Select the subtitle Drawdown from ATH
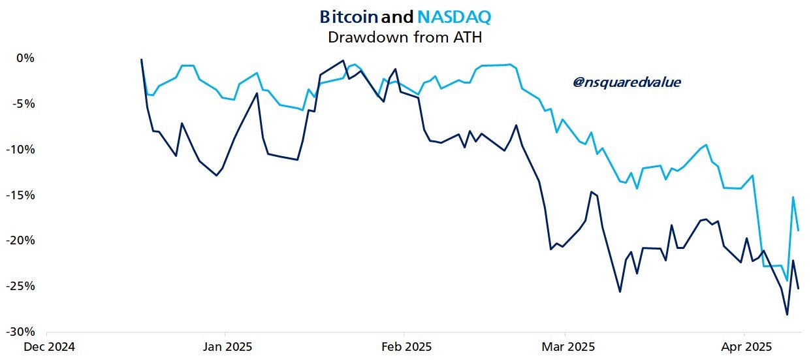point(404,37)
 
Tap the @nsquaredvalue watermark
point(626,82)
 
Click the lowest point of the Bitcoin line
point(787,315)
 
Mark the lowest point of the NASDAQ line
point(787,281)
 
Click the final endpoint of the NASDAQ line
point(799,230)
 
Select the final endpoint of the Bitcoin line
point(799,288)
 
